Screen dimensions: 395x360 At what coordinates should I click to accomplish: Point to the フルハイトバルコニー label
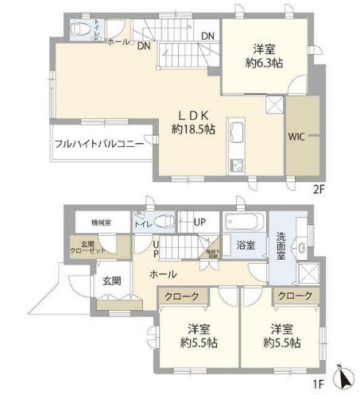pyautogui.click(x=99, y=145)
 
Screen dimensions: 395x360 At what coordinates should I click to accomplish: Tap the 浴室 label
pyautogui.click(x=244, y=245)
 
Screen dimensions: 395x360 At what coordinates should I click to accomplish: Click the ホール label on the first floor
pyautogui.click(x=162, y=274)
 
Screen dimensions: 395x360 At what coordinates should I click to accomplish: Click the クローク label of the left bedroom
pyautogui.click(x=183, y=296)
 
